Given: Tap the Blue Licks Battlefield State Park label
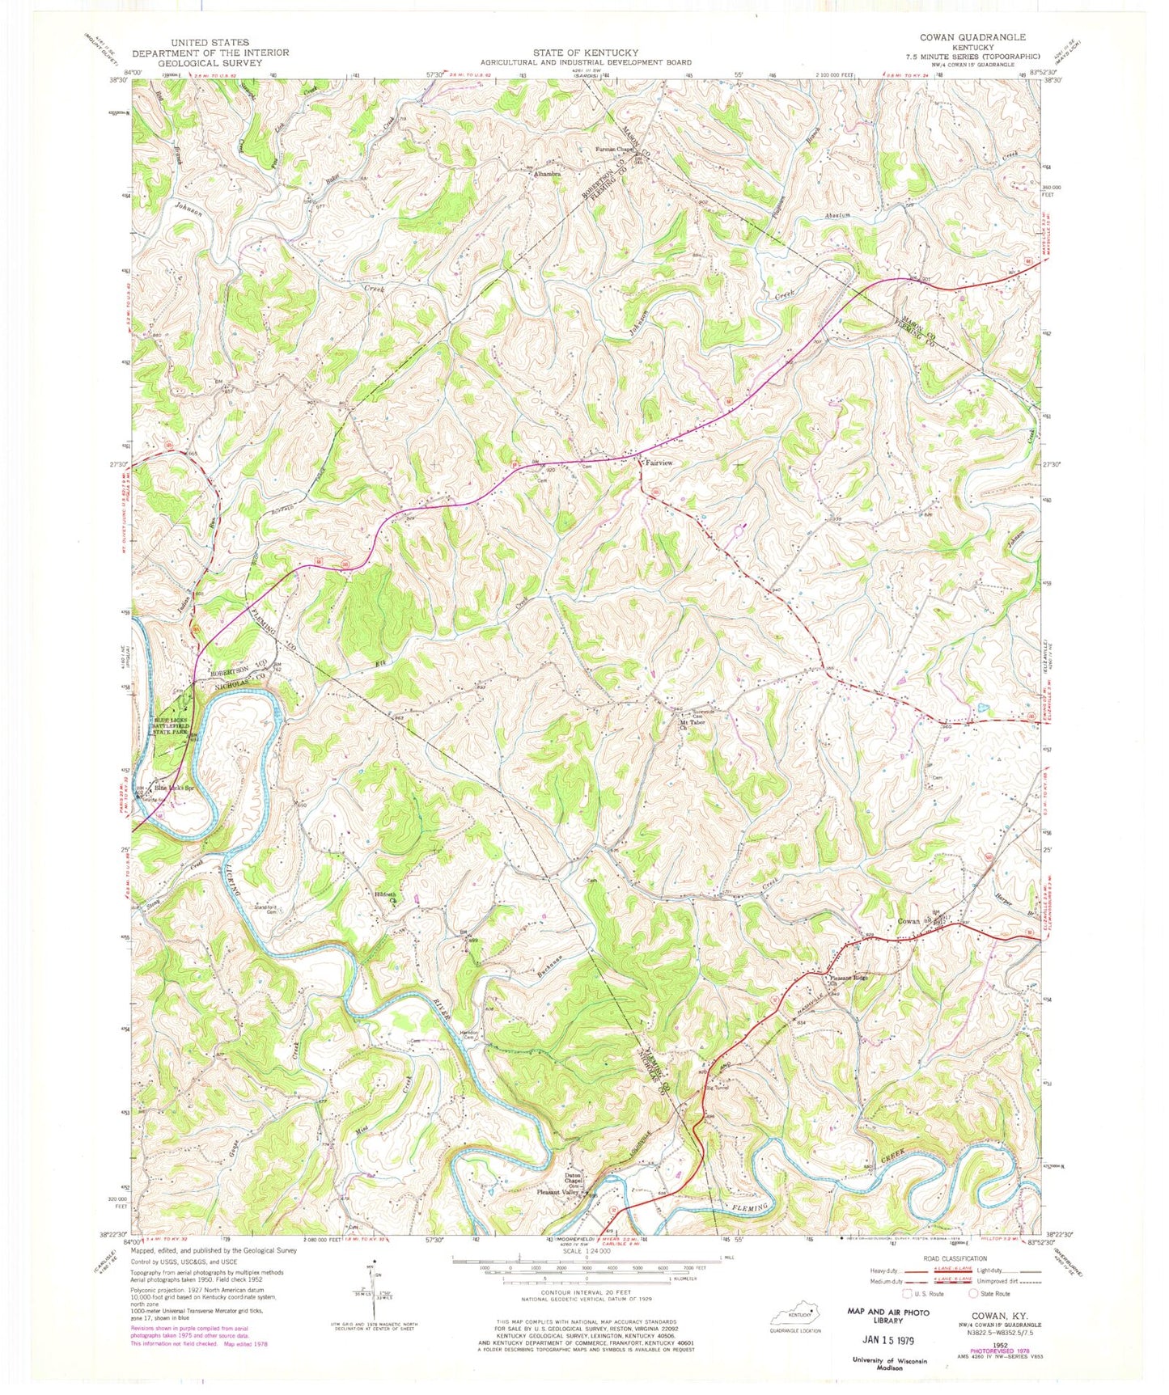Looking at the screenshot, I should click(172, 729).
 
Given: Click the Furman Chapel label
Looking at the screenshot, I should click(613, 150).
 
